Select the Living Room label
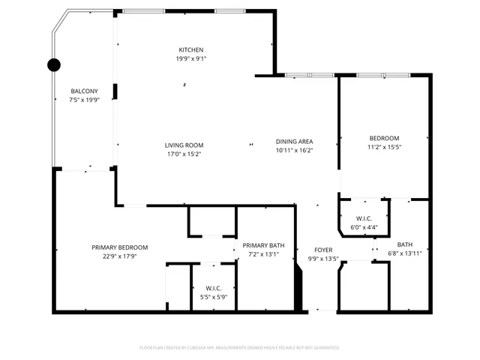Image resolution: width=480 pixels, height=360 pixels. click(184, 145)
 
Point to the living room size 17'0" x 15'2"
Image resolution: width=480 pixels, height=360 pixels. click(184, 154)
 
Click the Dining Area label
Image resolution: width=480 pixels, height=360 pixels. click(294, 141)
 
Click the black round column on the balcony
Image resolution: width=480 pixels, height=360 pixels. click(54, 64)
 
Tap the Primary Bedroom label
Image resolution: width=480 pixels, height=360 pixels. click(119, 247)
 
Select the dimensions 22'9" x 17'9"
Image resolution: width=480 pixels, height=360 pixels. click(119, 256)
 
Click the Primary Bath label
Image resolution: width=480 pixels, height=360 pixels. click(263, 245)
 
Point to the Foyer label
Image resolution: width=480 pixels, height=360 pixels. click(323, 250)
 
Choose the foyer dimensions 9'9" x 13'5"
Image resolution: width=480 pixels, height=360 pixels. click(323, 259)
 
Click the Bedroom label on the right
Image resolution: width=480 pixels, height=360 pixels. click(384, 137)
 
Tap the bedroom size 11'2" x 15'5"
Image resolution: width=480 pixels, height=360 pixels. click(384, 147)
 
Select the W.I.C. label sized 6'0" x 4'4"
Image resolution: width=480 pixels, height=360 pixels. click(364, 219)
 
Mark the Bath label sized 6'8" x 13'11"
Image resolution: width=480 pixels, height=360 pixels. click(405, 244)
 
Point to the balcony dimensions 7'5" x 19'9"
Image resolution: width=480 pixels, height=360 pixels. click(84, 99)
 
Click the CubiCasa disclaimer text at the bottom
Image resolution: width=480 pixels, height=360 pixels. click(240, 347)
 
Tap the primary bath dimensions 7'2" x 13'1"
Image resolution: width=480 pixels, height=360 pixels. click(263, 254)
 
